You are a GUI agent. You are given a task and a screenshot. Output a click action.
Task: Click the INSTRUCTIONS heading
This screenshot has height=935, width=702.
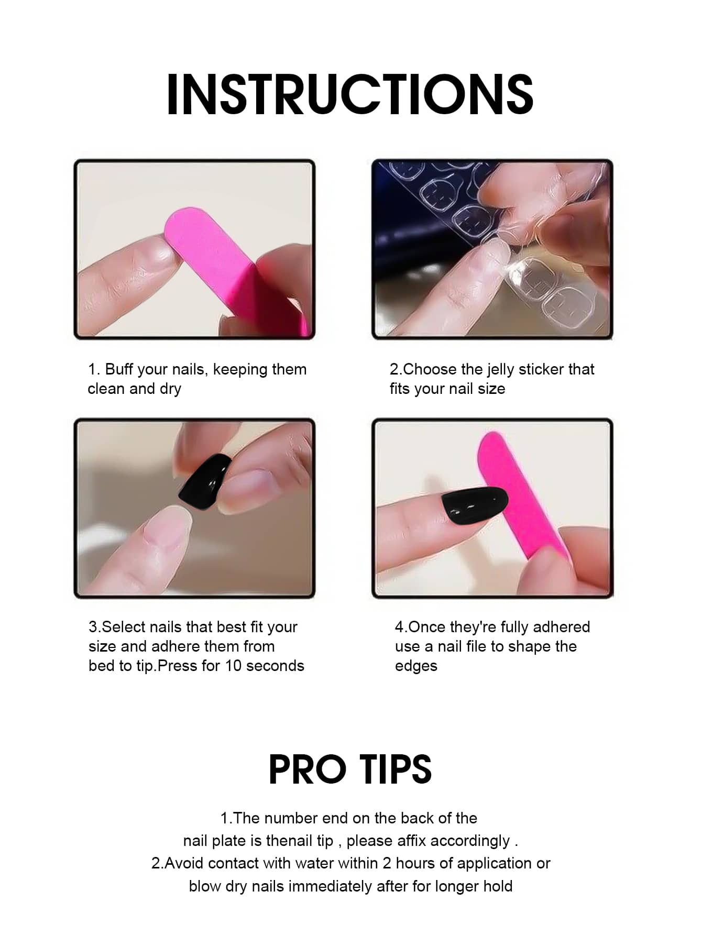click(x=350, y=94)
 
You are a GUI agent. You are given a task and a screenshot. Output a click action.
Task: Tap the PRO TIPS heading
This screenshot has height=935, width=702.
click(x=350, y=769)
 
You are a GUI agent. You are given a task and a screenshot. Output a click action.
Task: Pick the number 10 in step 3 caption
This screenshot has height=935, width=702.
click(x=233, y=666)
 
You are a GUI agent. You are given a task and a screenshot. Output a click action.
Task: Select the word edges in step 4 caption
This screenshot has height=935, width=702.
click(x=416, y=666)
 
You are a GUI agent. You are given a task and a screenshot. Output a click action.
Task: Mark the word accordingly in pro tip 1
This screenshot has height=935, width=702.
click(x=470, y=841)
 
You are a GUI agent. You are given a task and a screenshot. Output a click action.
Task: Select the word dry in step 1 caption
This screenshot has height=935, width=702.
click(x=170, y=389)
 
